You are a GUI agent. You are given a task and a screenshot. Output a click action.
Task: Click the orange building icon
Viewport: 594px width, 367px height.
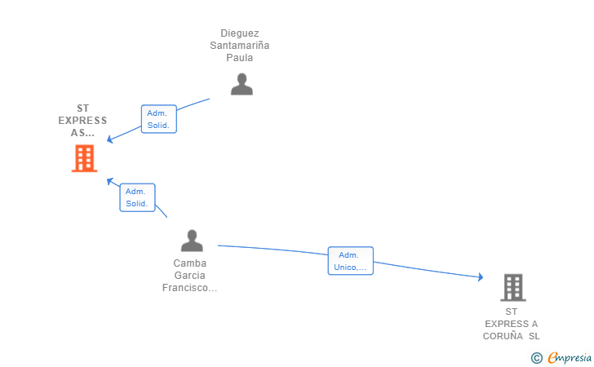(x=85, y=158)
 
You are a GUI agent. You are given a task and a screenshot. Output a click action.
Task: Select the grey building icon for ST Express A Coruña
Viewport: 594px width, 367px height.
(x=513, y=287)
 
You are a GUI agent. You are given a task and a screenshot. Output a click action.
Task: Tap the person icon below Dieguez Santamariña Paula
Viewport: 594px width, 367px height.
(x=242, y=84)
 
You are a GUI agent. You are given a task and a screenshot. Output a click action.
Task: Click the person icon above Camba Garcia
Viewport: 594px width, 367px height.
(x=192, y=241)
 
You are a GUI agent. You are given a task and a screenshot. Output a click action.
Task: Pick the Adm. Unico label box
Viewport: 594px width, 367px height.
(x=350, y=261)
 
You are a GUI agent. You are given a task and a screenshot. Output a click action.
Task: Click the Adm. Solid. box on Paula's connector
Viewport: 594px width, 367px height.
(x=159, y=119)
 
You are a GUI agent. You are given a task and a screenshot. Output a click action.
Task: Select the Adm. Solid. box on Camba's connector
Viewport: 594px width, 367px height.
(x=138, y=197)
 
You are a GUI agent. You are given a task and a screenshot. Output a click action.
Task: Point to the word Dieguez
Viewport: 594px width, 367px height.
(x=240, y=33)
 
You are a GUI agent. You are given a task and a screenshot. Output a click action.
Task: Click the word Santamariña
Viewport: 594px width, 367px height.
(x=240, y=46)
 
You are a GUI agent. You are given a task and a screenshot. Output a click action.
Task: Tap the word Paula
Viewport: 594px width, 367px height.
(x=240, y=58)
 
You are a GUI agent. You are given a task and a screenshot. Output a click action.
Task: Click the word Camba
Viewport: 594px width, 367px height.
(x=190, y=263)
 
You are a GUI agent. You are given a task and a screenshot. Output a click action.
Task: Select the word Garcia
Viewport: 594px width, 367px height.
(x=190, y=276)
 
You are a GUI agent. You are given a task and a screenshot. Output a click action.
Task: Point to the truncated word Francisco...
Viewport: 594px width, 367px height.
(x=189, y=288)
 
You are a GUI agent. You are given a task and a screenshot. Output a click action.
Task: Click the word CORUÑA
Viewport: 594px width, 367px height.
(x=503, y=336)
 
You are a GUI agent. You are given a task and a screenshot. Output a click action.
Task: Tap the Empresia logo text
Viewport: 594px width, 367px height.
(x=570, y=358)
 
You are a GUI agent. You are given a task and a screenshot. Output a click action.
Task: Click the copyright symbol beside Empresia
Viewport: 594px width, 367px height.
(x=536, y=358)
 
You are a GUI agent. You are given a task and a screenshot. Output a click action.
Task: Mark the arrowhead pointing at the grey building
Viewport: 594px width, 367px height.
(x=481, y=276)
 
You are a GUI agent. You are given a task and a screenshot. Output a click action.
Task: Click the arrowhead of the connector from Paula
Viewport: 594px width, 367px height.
(x=110, y=139)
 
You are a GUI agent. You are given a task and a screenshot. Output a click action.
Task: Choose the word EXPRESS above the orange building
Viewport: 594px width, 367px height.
(x=82, y=121)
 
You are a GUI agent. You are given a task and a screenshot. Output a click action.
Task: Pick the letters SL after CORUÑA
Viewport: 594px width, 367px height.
(x=534, y=336)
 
